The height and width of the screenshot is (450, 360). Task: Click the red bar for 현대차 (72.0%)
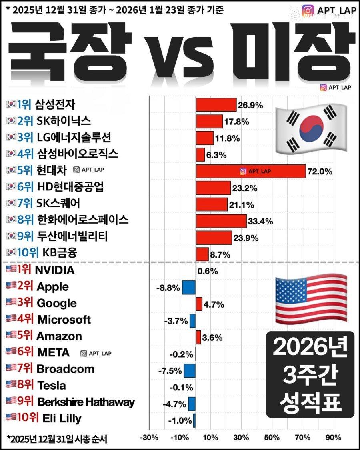pos(250,172)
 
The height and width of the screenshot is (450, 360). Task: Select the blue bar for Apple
pos(189,287)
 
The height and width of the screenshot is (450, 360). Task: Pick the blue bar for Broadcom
pos(190,370)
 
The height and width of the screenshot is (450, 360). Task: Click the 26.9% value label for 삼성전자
pos(250,106)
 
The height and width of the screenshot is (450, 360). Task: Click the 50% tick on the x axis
pos(272,437)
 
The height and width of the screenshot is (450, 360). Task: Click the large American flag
pos(311,298)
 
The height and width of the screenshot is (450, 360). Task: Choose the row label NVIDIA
pos(55,270)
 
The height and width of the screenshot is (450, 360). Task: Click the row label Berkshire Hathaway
pos(86,402)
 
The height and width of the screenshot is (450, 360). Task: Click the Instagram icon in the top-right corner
pos(308,10)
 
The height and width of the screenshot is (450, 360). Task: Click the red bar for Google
pos(199,304)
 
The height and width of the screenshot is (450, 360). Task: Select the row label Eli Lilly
pos(62,419)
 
